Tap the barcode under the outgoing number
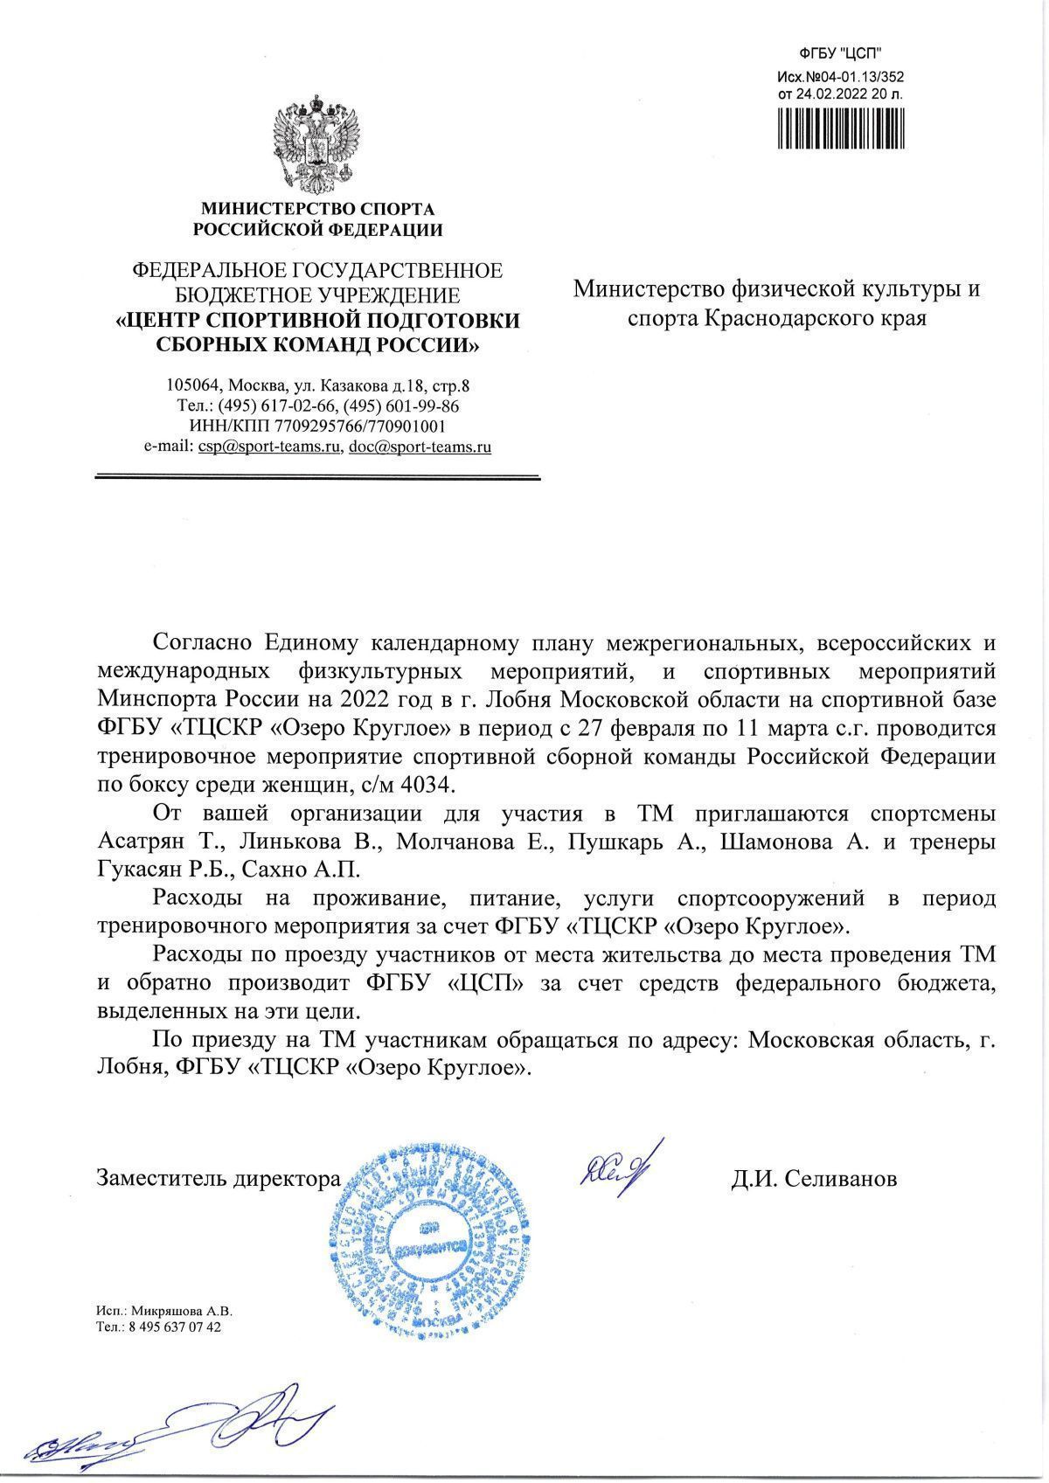[x=840, y=130]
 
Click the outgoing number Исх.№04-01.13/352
[x=840, y=76]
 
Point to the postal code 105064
[x=191, y=385]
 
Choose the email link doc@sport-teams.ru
[x=420, y=447]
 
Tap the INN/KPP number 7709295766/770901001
[x=360, y=426]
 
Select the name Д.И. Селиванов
[x=814, y=1179]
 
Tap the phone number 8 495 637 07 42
[x=172, y=1351]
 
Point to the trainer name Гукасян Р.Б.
[x=159, y=870]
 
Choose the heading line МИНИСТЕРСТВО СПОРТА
[x=317, y=210]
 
